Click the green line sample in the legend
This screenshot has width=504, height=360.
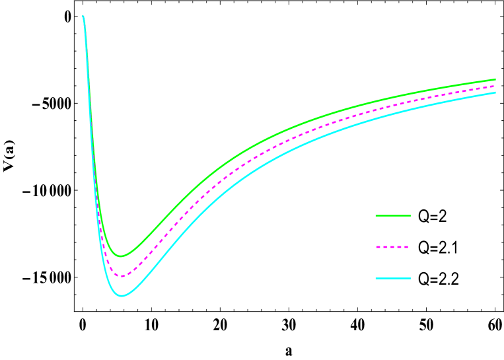pyautogui.click(x=393, y=215)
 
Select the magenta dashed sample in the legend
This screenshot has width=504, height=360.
pyautogui.click(x=392, y=247)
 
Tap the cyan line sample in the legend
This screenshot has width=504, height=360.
pyautogui.click(x=393, y=279)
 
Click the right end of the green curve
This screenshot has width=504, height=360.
pyautogui.click(x=495, y=79)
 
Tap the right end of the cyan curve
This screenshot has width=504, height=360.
pyautogui.click(x=495, y=92)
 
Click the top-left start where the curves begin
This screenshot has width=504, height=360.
pyautogui.click(x=83, y=16)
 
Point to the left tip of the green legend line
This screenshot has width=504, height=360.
pyautogui.click(x=376, y=215)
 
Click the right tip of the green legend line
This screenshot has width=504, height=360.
pyautogui.click(x=410, y=215)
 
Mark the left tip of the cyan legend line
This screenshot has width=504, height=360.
pyautogui.click(x=376, y=279)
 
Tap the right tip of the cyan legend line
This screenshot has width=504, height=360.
pyautogui.click(x=410, y=279)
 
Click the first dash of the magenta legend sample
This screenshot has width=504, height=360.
pyautogui.click(x=378, y=247)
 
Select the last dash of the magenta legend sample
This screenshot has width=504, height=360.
pyautogui.click(x=406, y=247)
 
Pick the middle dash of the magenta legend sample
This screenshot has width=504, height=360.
pyautogui.click(x=392, y=247)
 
